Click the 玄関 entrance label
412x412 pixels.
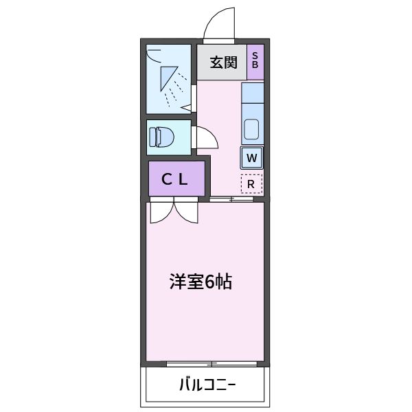point(224,63)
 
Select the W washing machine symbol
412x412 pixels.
point(252,158)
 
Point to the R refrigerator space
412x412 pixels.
point(251,183)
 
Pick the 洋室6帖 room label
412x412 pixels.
point(201,281)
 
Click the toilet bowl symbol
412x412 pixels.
point(163,137)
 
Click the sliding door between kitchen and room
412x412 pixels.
point(232,200)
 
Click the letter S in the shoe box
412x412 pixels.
point(255,56)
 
